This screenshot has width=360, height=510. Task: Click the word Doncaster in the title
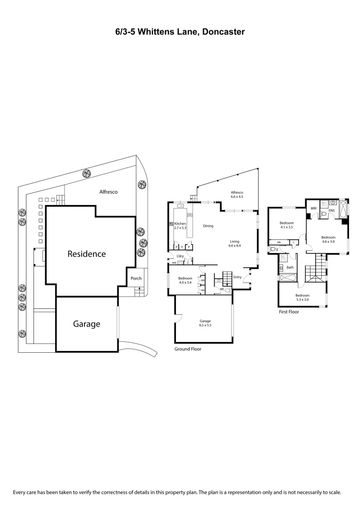(x=223, y=32)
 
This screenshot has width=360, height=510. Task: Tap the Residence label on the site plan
(x=86, y=254)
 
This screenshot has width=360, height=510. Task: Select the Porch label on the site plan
(x=136, y=279)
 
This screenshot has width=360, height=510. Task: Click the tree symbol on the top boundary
(x=86, y=173)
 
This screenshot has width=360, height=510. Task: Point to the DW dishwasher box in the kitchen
(x=190, y=215)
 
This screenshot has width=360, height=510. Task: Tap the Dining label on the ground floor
(x=208, y=226)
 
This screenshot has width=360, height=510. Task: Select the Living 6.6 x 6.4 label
(x=234, y=243)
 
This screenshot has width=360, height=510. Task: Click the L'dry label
(x=180, y=256)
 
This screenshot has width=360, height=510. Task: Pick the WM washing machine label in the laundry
(x=174, y=263)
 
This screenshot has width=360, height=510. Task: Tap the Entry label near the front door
(x=237, y=277)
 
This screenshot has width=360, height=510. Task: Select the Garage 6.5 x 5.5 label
(x=204, y=323)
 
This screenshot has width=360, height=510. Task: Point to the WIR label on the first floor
(x=313, y=208)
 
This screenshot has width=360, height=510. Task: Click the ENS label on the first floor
(x=331, y=211)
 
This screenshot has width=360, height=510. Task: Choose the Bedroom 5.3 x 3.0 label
(x=302, y=297)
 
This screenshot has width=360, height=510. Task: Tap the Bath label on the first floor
(x=290, y=267)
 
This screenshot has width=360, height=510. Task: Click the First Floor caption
(x=289, y=312)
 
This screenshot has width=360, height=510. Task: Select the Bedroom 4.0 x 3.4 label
(x=184, y=280)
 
